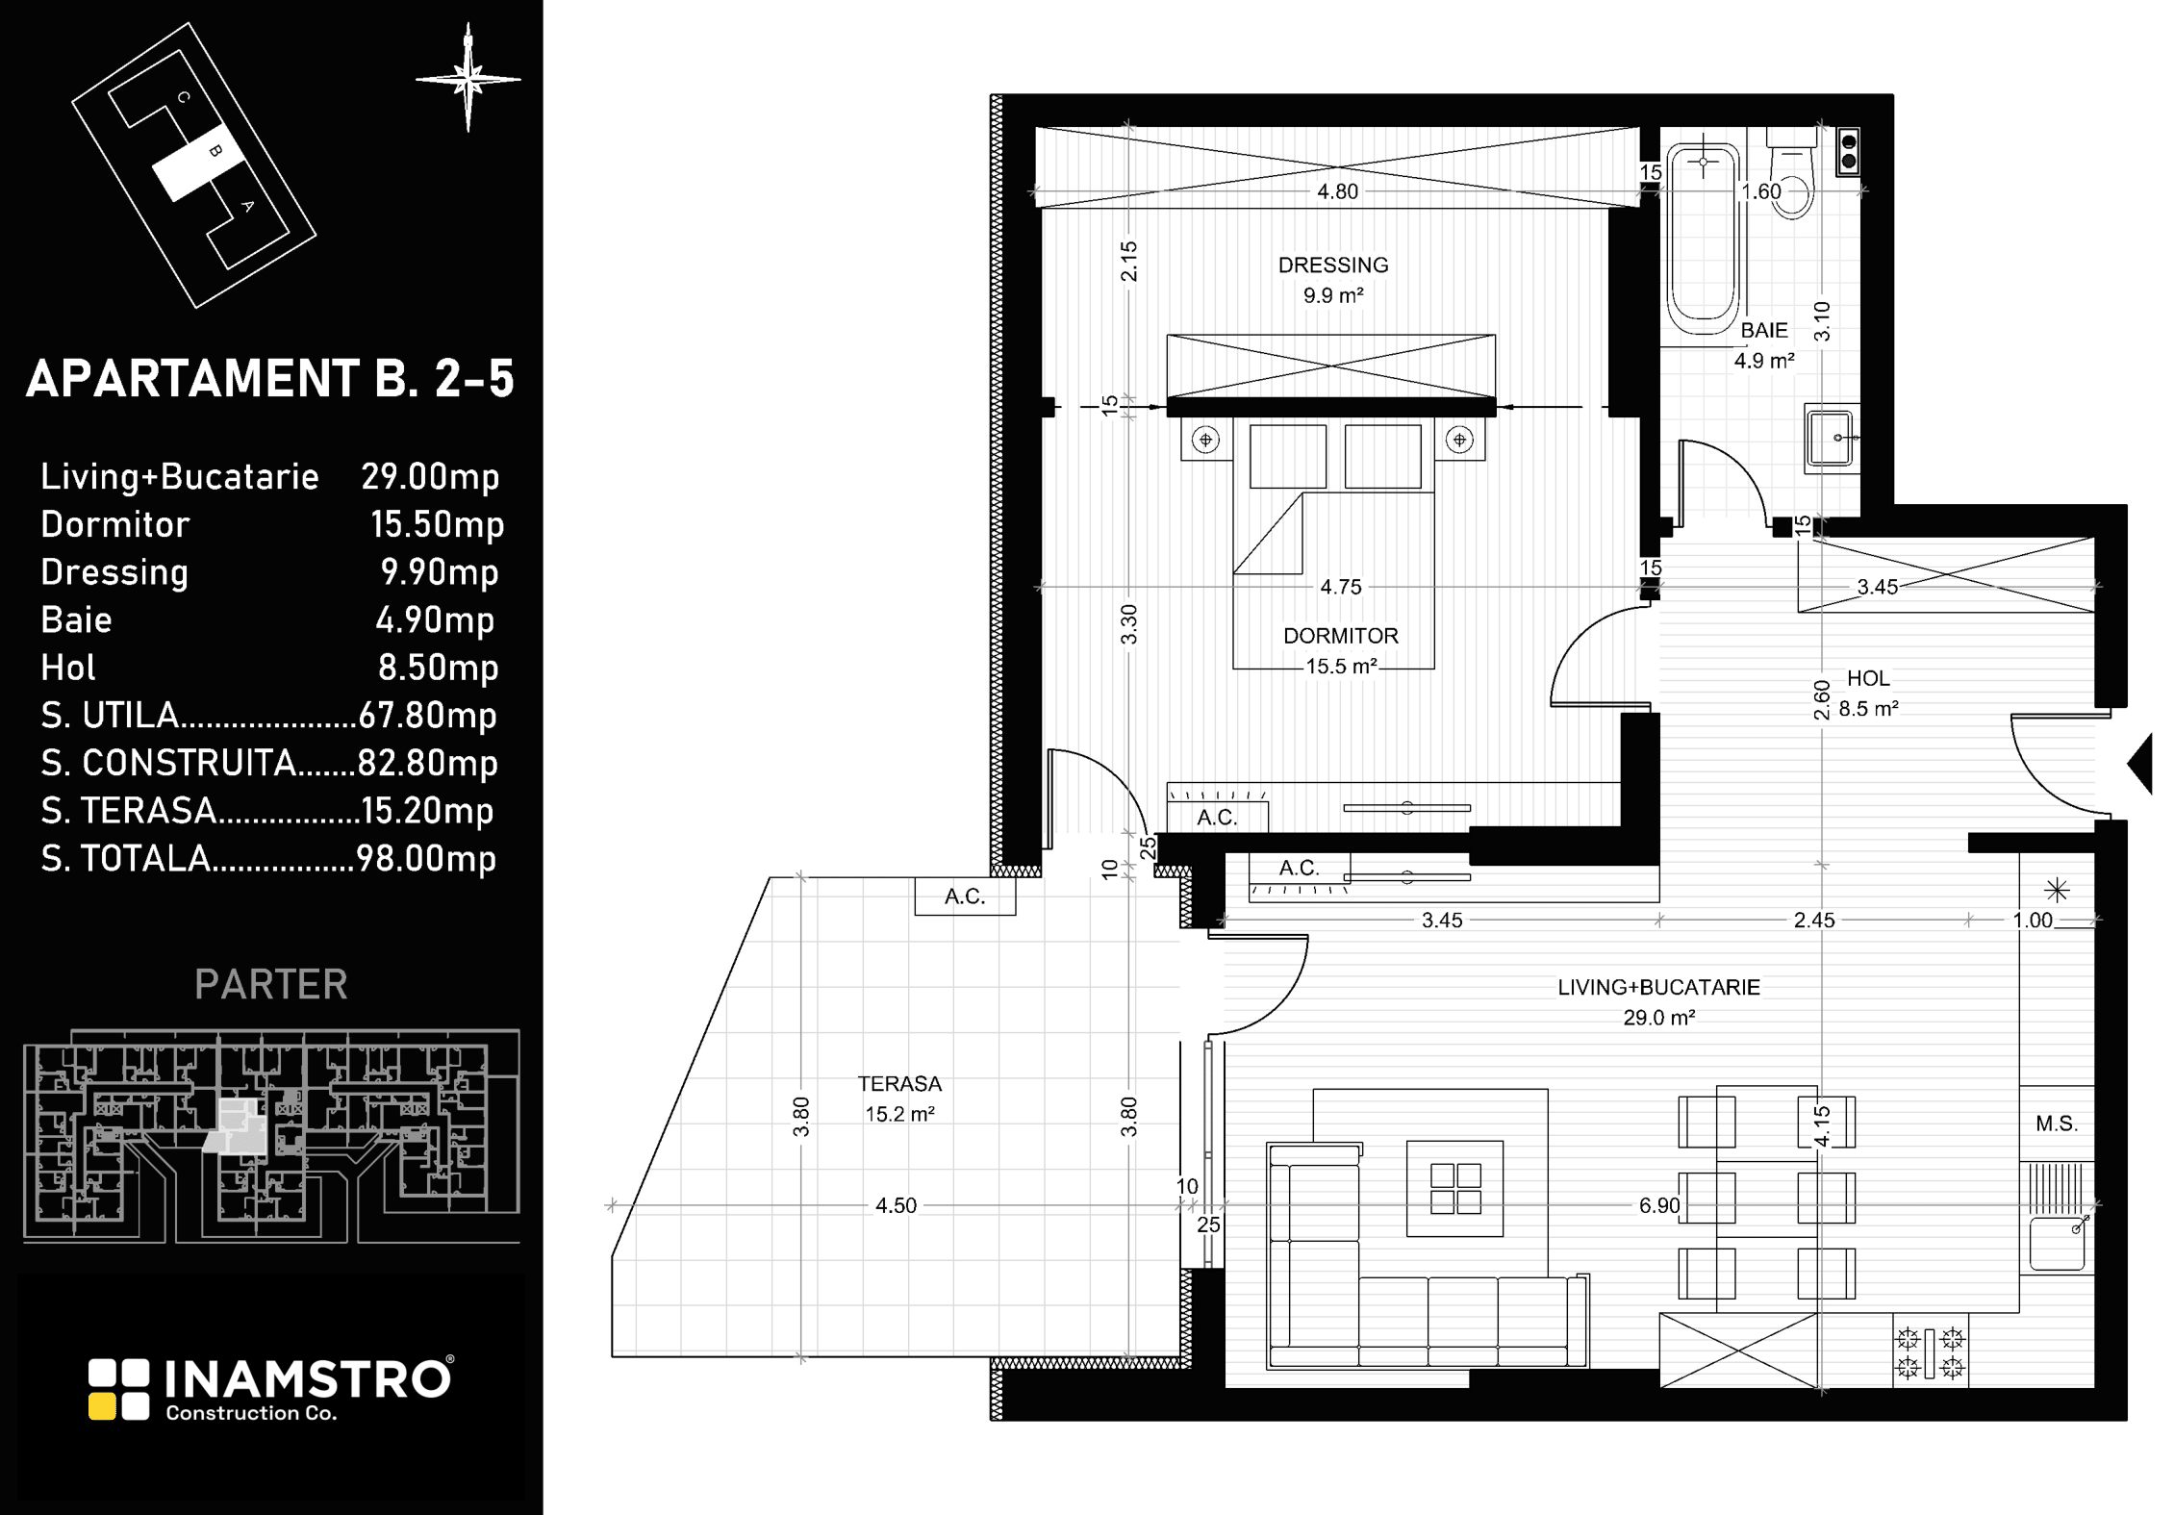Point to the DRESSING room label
tap(1333, 265)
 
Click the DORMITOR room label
tap(1341, 636)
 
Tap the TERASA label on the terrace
tap(899, 1084)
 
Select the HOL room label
tap(1868, 678)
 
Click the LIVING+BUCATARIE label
tap(1659, 987)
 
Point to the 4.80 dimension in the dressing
tap(1337, 191)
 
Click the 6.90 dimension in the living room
tap(1659, 1205)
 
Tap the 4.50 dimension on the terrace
tap(896, 1205)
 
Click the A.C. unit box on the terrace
tap(965, 896)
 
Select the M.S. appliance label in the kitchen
tap(2057, 1124)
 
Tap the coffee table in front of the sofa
tap(1454, 1189)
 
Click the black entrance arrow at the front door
tap(2139, 765)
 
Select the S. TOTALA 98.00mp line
tap(269, 858)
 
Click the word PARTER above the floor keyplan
tap(271, 984)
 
